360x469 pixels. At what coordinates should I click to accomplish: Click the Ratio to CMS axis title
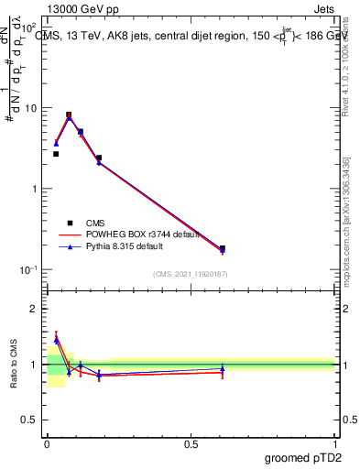(x=15, y=365)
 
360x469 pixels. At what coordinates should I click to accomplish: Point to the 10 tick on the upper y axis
(x=31, y=108)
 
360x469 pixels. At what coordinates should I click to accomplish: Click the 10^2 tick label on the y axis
(x=29, y=27)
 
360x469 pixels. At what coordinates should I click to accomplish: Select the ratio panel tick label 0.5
(x=32, y=420)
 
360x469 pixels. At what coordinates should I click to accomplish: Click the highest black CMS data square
(x=69, y=115)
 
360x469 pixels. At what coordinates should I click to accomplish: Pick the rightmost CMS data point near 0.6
(x=223, y=248)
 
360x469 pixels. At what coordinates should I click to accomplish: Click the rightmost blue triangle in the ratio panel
(x=223, y=368)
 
